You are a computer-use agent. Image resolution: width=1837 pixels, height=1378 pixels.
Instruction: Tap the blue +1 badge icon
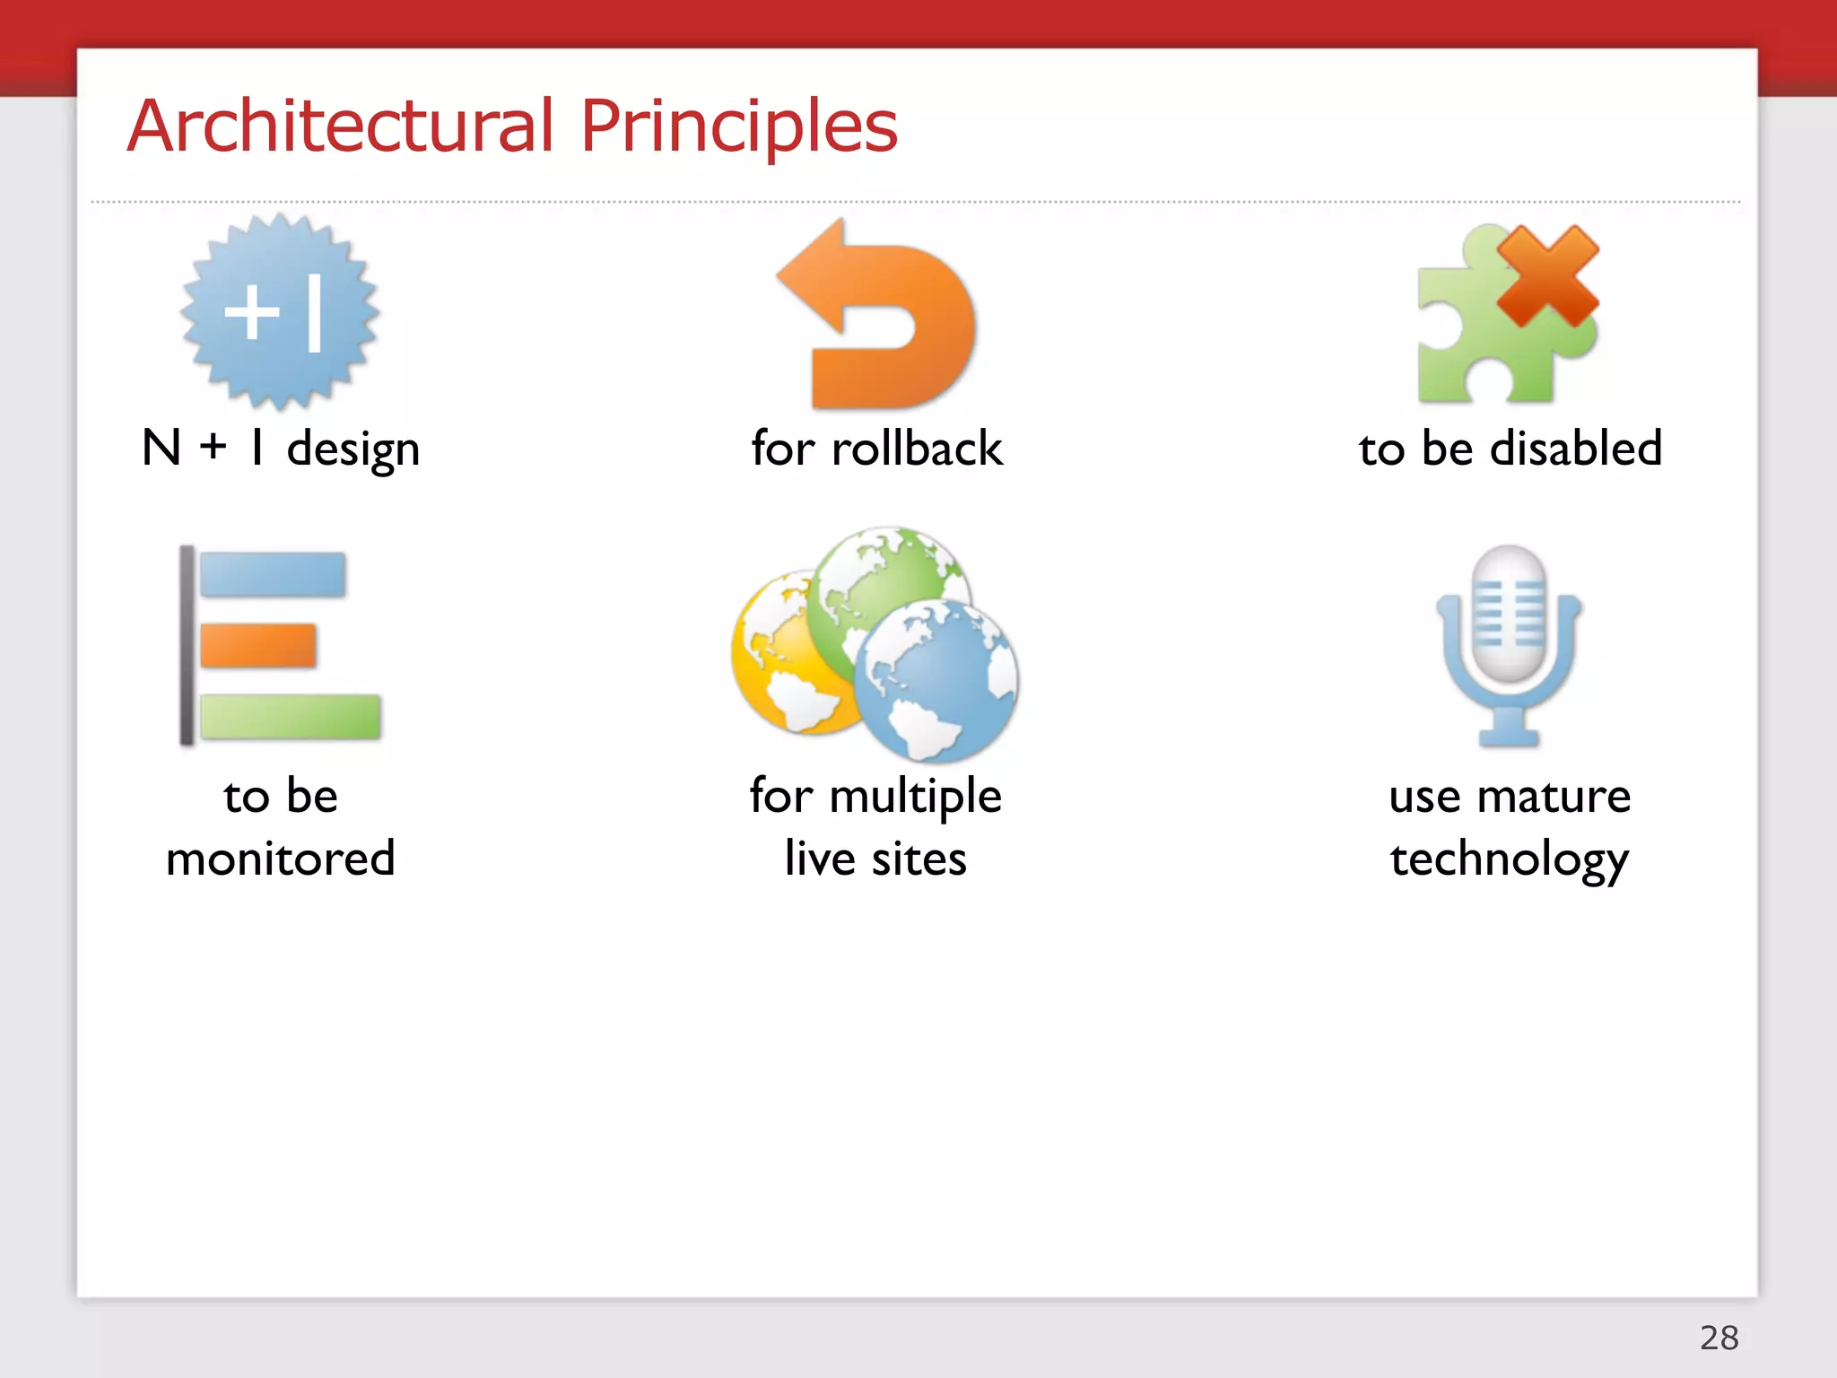click(x=280, y=312)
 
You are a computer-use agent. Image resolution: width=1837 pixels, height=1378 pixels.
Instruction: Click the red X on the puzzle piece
click(x=1547, y=275)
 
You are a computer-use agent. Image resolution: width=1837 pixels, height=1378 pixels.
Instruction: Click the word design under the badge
click(x=353, y=449)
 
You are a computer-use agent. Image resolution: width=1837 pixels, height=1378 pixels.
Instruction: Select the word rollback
click(x=917, y=449)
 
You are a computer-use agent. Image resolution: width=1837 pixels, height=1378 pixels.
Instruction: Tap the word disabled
click(x=1576, y=449)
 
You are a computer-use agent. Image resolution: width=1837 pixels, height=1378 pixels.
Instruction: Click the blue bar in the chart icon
click(x=273, y=575)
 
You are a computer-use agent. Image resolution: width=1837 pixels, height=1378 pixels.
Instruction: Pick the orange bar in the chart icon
click(x=258, y=646)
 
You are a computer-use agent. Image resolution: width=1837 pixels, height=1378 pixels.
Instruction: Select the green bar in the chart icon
click(x=291, y=717)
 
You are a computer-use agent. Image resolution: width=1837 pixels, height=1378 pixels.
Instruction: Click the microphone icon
click(x=1510, y=641)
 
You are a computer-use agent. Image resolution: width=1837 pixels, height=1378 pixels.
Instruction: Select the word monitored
click(x=281, y=859)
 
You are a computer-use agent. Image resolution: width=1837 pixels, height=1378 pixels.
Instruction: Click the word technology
click(x=1510, y=859)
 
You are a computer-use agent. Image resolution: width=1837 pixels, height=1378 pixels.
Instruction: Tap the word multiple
click(x=915, y=797)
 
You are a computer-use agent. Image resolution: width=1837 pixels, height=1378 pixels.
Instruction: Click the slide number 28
click(x=1719, y=1338)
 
